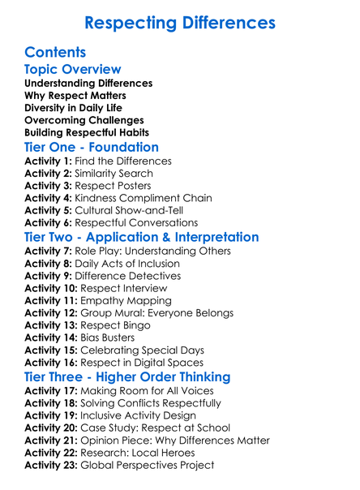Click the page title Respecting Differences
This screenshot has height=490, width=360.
[x=180, y=21]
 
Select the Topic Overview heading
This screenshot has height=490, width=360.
[x=73, y=70]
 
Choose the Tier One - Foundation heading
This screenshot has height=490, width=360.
[x=92, y=147]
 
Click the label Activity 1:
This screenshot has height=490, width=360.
[x=49, y=161]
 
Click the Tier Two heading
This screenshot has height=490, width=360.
[x=142, y=237]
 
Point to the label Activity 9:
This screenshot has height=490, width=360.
[x=49, y=276]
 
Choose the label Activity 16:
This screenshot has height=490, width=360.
[x=52, y=361]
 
